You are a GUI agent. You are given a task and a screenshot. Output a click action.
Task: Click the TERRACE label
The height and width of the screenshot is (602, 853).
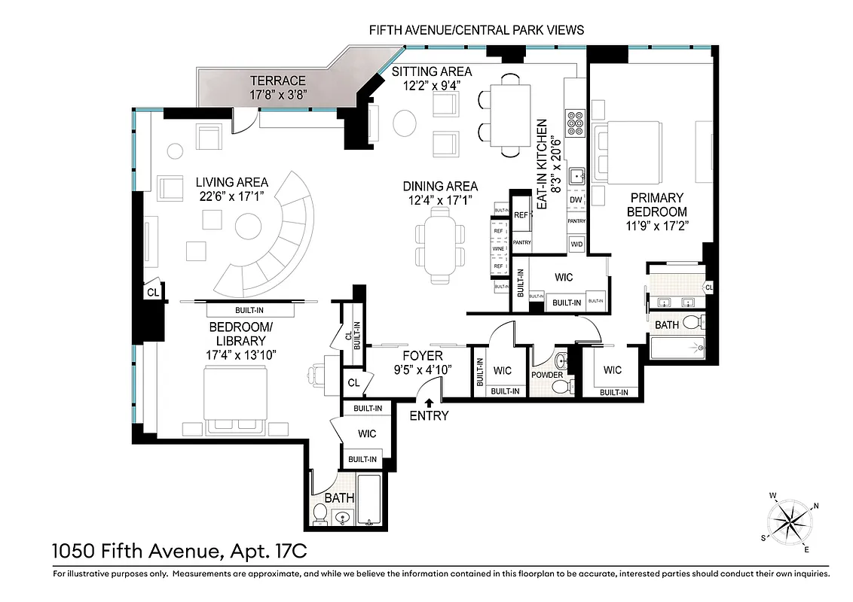click(278, 81)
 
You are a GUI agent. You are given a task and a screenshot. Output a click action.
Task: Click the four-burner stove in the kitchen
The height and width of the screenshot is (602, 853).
click(576, 121)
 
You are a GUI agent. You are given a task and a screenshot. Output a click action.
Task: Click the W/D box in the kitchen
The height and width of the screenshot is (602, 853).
click(576, 244)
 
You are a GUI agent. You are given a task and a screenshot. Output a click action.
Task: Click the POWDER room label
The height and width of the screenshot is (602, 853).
click(547, 374)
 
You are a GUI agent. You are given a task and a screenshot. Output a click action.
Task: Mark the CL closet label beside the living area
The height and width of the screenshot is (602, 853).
click(151, 293)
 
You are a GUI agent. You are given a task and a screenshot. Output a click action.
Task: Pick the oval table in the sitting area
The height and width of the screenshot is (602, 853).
click(405, 123)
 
